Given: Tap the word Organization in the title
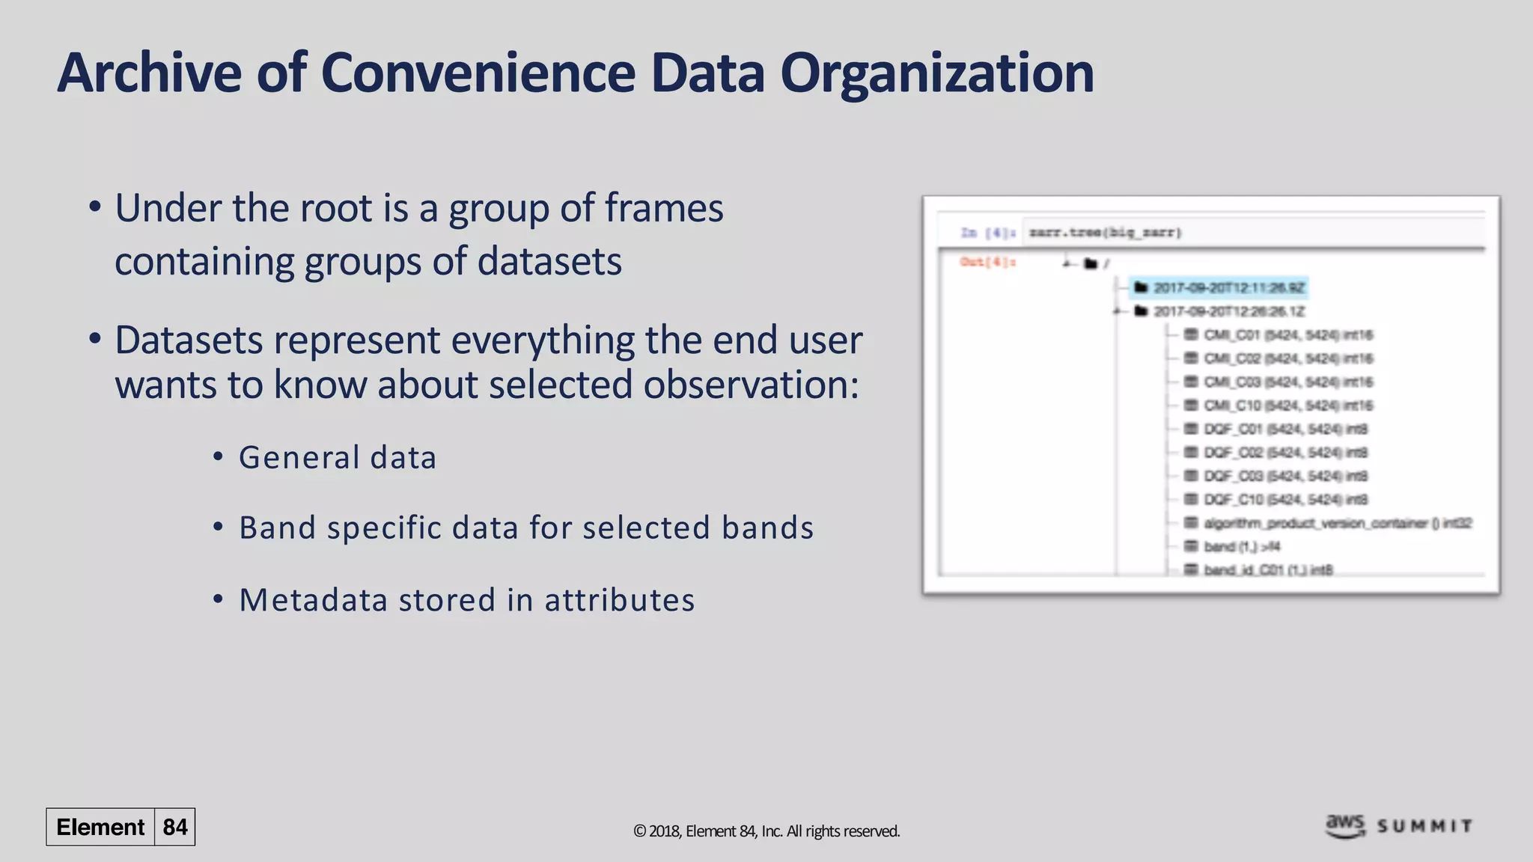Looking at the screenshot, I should (x=936, y=73).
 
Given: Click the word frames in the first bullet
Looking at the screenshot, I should (x=663, y=208).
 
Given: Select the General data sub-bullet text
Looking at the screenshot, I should (x=337, y=457).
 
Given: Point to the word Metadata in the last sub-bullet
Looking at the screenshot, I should (x=313, y=600).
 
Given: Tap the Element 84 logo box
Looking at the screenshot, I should (x=121, y=827).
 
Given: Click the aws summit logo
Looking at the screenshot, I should (x=1398, y=826).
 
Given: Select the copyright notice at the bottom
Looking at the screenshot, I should (x=766, y=831).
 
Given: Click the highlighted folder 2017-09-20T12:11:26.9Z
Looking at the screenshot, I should (x=1228, y=288).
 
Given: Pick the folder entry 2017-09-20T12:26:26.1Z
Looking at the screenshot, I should (x=1228, y=311).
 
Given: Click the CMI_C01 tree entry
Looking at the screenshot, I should (x=1287, y=334).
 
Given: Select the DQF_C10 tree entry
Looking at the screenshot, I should (x=1284, y=499).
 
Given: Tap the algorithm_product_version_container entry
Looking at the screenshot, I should (x=1336, y=523).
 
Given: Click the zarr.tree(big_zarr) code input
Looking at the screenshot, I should (x=1105, y=233).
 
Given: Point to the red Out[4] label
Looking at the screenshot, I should (x=987, y=262).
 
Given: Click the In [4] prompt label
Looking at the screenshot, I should (x=987, y=233).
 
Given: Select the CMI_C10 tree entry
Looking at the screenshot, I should (x=1287, y=406).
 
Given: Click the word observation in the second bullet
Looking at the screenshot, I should (x=750, y=385).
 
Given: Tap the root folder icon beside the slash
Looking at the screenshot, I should (x=1091, y=263).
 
